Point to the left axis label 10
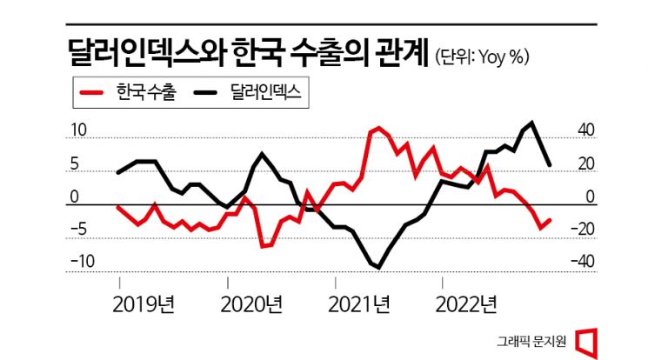tap(79, 130)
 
